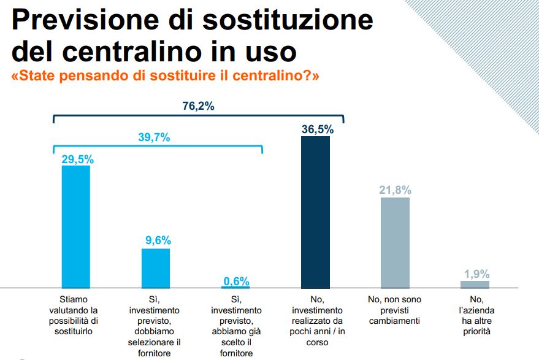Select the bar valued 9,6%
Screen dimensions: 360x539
pyautogui.click(x=156, y=268)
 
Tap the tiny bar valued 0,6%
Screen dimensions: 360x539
pyautogui.click(x=235, y=286)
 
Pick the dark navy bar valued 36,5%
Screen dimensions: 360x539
pyautogui.click(x=315, y=212)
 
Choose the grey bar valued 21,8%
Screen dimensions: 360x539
pyautogui.click(x=395, y=242)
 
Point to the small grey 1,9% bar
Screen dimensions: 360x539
pyautogui.click(x=475, y=284)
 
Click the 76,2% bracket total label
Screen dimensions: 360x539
pyautogui.click(x=198, y=106)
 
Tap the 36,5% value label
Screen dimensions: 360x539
pyautogui.click(x=318, y=129)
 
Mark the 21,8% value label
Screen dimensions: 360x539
pyautogui.click(x=395, y=190)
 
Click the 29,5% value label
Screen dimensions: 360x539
pyautogui.click(x=77, y=159)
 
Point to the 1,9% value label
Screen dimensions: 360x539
pyautogui.click(x=476, y=274)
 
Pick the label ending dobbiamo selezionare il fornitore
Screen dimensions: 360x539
pyautogui.click(x=156, y=326)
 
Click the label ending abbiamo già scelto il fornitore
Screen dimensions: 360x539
pyautogui.click(x=235, y=326)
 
